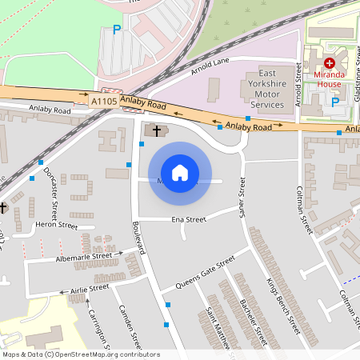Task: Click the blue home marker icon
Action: pos(180,173)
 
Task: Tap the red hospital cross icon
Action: pos(329,62)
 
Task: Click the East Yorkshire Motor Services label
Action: pos(266,88)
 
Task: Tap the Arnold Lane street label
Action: pos(210,67)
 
